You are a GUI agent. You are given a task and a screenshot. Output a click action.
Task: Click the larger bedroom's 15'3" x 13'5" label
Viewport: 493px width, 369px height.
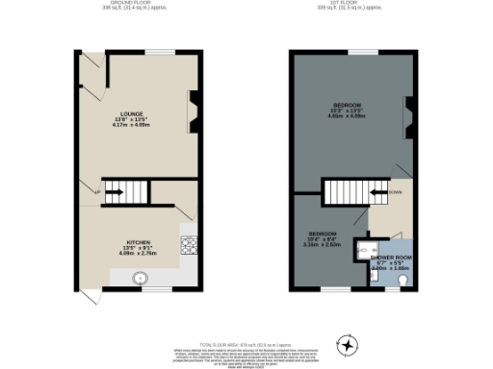pos(348,111)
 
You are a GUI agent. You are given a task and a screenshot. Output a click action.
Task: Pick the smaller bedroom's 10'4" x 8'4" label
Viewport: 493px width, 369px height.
pos(322,239)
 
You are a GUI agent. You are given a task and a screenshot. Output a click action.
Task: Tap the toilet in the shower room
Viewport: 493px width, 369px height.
pos(403,279)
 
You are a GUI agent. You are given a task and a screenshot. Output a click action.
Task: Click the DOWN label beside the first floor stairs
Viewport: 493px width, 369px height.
pos(395,192)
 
